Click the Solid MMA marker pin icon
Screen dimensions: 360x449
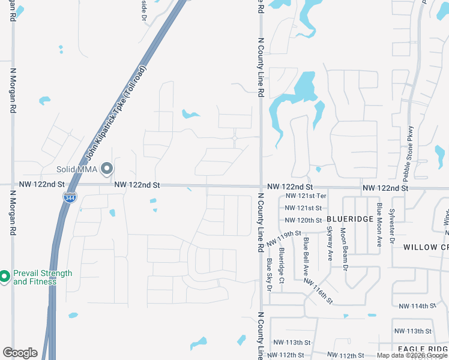click(107, 169)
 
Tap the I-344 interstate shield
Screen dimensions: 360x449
click(70, 196)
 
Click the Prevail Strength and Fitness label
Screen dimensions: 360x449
click(42, 277)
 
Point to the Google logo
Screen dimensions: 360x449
click(20, 353)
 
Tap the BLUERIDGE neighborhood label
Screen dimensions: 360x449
click(350, 220)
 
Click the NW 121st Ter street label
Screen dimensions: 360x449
click(306, 196)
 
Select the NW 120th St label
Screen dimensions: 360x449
click(303, 220)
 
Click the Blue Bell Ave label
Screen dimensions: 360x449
click(306, 252)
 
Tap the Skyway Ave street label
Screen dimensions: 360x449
click(329, 243)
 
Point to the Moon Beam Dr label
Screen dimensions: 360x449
click(345, 245)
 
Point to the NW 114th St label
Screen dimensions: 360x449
click(415, 306)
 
